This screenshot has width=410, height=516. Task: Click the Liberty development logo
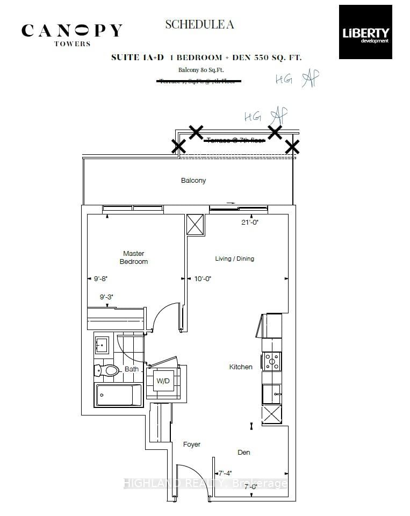click(x=365, y=32)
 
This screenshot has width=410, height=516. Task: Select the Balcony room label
click(x=193, y=181)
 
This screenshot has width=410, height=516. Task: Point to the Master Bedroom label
click(x=134, y=257)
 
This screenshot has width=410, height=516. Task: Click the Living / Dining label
click(x=234, y=259)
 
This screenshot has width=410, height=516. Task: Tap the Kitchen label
click(x=241, y=367)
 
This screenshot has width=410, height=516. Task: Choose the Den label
click(x=243, y=452)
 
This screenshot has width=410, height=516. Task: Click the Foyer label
click(x=191, y=445)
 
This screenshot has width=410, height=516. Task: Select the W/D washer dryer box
click(x=164, y=381)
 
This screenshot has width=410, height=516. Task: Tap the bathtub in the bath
click(x=118, y=395)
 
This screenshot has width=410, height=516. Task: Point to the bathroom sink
click(x=103, y=343)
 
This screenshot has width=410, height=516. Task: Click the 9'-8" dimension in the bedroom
click(x=100, y=279)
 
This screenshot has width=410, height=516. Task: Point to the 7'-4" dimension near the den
click(x=226, y=474)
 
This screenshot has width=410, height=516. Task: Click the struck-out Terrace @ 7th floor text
click(x=235, y=140)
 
